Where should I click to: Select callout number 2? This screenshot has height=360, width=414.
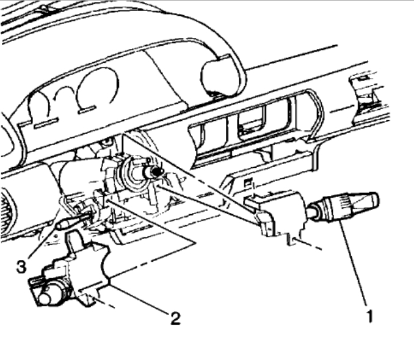click(x=175, y=318)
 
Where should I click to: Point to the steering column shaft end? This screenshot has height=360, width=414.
click(x=156, y=173)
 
